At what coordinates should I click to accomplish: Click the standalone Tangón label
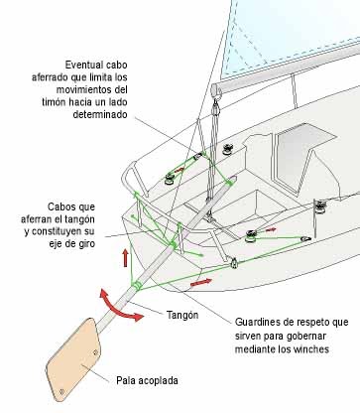point(180,315)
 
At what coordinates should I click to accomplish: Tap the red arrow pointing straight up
point(125,259)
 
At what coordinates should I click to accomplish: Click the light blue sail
point(298,40)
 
